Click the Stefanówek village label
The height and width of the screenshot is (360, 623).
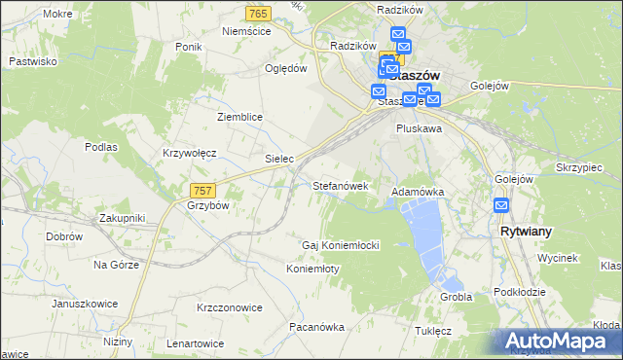tap(340, 185)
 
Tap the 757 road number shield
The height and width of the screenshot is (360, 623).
tap(202, 190)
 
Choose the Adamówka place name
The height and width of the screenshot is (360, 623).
tap(418, 193)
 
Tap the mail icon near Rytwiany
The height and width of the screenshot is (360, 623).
tap(501, 205)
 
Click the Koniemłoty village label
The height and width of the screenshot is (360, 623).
tap(312, 269)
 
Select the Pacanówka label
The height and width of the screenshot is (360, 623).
tap(316, 327)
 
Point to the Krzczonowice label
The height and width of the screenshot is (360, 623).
tap(230, 307)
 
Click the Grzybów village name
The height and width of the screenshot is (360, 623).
tap(207, 206)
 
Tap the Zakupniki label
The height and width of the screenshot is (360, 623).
tap(122, 218)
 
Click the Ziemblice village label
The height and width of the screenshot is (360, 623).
tap(239, 117)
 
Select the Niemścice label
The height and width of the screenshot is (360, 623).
tap(245, 31)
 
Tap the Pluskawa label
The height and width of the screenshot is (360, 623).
tap(419, 127)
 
